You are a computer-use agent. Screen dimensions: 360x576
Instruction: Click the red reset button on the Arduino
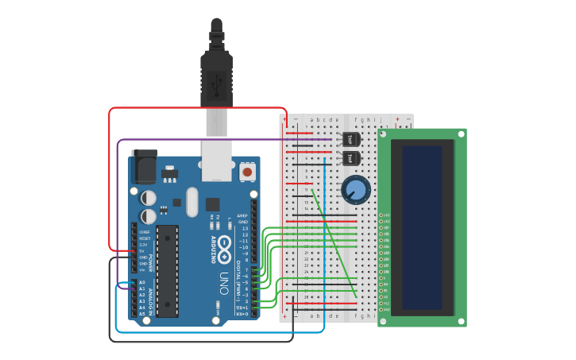(x=247, y=171)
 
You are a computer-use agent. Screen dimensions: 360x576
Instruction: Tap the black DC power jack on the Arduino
(x=142, y=165)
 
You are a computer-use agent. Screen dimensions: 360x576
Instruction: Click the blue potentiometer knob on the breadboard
(x=355, y=190)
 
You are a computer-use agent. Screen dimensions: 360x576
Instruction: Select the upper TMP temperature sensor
(x=350, y=139)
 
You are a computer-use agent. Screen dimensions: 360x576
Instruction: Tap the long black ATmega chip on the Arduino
(x=167, y=271)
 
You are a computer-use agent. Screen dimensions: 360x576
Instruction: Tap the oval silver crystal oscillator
(x=191, y=202)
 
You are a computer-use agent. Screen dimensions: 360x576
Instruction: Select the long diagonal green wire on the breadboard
(x=334, y=244)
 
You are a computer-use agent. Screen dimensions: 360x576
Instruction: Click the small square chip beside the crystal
(x=213, y=203)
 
